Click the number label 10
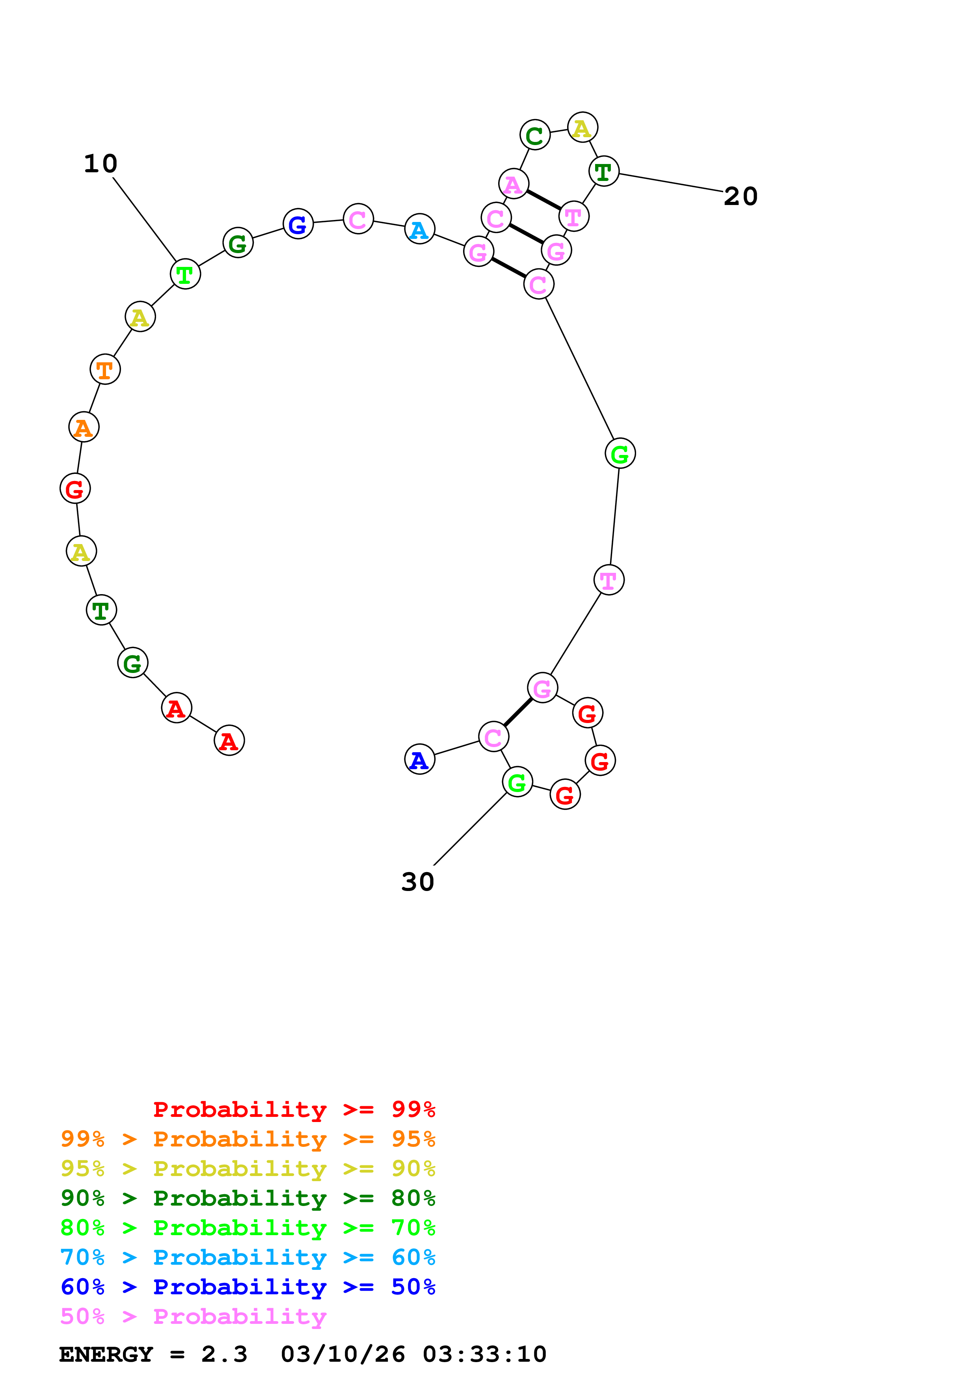(100, 164)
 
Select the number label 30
(417, 882)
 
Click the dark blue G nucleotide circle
(298, 224)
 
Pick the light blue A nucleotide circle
(420, 229)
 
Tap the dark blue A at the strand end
(420, 760)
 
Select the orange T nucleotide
(105, 369)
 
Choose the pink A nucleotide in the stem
(514, 184)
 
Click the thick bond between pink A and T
(543, 200)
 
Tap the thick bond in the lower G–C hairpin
(518, 712)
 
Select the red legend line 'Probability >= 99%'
(294, 1109)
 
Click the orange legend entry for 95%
(248, 1139)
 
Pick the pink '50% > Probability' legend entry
(193, 1317)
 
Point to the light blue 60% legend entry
(248, 1258)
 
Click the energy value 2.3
(224, 1355)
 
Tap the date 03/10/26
(342, 1355)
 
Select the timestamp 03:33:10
(484, 1355)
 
